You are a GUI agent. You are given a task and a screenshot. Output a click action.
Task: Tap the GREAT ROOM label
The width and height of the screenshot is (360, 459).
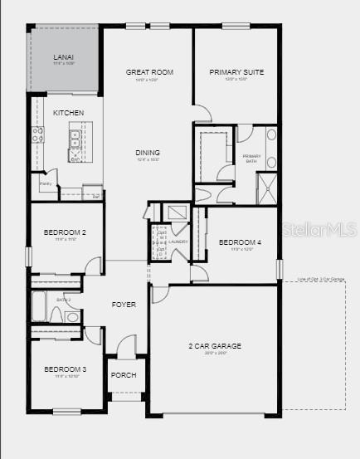pyautogui.click(x=149, y=72)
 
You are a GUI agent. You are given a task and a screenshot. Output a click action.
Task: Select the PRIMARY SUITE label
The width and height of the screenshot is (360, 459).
pyautogui.click(x=236, y=72)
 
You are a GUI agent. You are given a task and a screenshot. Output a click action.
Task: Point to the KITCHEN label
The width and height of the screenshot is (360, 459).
pyautogui.click(x=69, y=112)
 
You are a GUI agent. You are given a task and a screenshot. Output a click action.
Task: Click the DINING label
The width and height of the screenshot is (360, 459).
pyautogui.click(x=148, y=153)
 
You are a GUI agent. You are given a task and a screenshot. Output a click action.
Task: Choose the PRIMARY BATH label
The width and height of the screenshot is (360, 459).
pyautogui.click(x=252, y=158)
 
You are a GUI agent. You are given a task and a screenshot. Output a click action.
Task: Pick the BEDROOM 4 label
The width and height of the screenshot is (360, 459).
pyautogui.click(x=240, y=242)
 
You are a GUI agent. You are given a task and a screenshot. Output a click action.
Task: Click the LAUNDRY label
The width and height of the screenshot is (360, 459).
pyautogui.click(x=178, y=242)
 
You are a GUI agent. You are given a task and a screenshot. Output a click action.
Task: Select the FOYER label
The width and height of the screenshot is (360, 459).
pyautogui.click(x=124, y=305)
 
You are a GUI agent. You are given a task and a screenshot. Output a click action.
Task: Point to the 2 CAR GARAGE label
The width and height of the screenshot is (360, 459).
pyautogui.click(x=214, y=345)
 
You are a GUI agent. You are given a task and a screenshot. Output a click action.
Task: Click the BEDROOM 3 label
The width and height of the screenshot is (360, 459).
pyautogui.click(x=66, y=369)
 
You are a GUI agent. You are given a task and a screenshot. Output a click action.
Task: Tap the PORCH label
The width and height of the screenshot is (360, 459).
pyautogui.click(x=124, y=375)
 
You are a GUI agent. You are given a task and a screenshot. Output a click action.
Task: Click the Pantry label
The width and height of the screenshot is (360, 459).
pyautogui.click(x=46, y=183)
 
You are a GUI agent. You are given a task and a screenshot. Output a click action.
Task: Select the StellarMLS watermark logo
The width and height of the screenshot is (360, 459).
pyautogui.click(x=322, y=229)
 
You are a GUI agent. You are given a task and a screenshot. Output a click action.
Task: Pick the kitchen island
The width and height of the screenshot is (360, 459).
pyautogui.click(x=80, y=141)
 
